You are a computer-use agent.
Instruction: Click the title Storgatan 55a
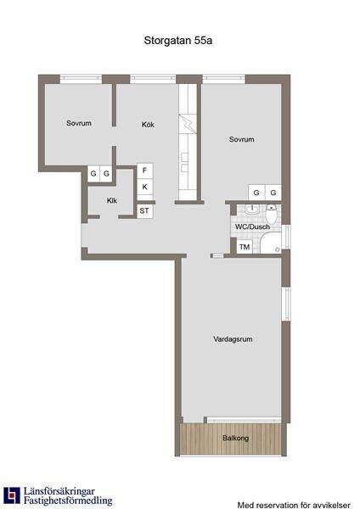pos(178,41)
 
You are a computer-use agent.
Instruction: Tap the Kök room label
pos(148,125)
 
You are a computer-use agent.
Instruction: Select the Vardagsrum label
pos(233,338)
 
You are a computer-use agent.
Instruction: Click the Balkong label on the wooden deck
pos(236,438)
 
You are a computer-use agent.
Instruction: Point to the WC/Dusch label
pos(252,227)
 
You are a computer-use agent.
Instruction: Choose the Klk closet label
pos(112,200)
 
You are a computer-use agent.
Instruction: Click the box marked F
pos(144,171)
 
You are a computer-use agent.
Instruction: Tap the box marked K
pos(144,187)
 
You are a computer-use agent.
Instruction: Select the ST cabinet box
pos(144,210)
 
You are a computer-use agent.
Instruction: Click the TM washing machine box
pos(245,247)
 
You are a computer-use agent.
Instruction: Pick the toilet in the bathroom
pos(272,214)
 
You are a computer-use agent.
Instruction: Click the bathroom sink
pos(251,210)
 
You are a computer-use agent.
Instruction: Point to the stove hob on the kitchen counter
pos(188,124)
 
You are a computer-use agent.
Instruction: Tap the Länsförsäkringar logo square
pos(12,495)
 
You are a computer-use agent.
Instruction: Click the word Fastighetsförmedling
pos(68,500)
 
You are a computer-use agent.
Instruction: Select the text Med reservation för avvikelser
pos(294,505)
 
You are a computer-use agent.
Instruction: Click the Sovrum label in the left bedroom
pos(79,123)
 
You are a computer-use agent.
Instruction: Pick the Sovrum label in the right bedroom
pos(241,139)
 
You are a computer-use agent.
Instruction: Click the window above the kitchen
pos(153,78)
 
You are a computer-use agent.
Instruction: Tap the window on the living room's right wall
pos(286,304)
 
